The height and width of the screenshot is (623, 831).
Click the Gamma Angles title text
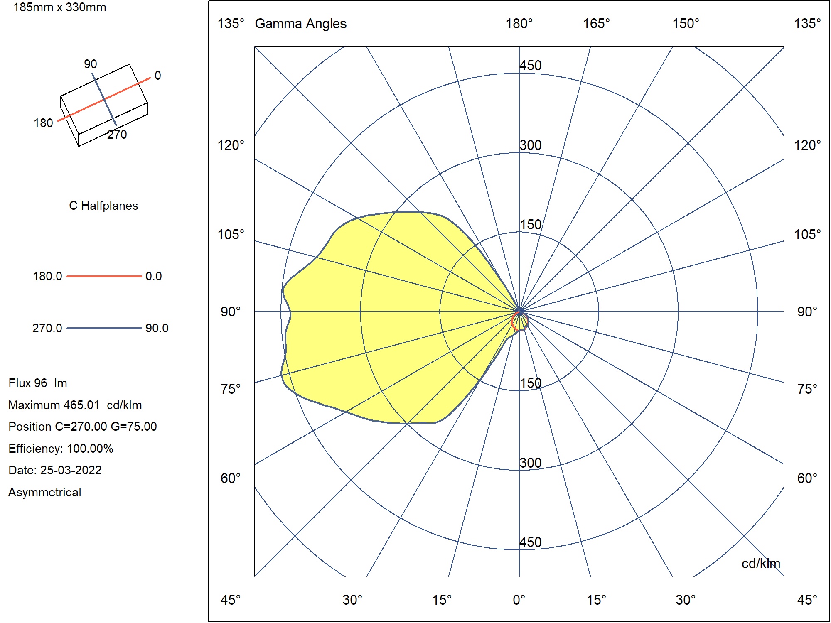(300, 24)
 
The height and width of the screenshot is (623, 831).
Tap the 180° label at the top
(519, 24)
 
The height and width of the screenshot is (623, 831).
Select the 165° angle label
(596, 24)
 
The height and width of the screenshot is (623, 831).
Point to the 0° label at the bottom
(519, 600)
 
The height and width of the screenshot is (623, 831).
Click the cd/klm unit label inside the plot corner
(761, 564)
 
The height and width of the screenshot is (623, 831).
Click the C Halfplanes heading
(103, 206)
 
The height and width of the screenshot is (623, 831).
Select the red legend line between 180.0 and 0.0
(103, 276)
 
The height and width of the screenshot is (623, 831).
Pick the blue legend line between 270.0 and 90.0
(103, 328)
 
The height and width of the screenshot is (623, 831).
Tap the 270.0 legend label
(47, 328)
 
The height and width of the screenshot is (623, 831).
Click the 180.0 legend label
(47, 276)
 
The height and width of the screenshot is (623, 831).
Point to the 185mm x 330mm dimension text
(60, 7)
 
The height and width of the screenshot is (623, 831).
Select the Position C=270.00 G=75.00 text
(83, 427)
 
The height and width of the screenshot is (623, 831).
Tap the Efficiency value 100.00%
(90, 449)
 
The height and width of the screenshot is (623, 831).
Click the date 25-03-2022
(71, 470)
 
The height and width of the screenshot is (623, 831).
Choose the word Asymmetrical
(45, 492)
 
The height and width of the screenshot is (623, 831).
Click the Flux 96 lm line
(38, 383)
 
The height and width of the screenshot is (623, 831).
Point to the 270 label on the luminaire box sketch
(117, 135)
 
